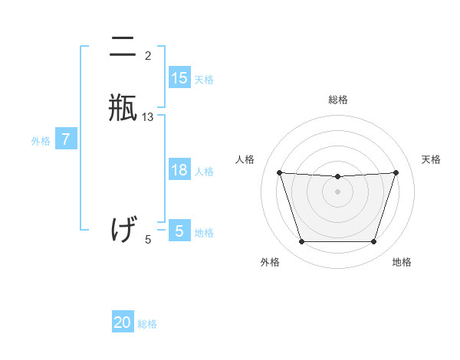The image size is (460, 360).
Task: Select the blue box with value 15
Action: click(x=179, y=78)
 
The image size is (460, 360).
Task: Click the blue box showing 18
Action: click(x=179, y=170)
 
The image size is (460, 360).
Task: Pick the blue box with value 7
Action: click(x=66, y=139)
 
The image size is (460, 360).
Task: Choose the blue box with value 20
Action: click(x=123, y=322)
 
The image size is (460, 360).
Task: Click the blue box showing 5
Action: click(x=179, y=231)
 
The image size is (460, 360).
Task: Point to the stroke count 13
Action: click(x=148, y=117)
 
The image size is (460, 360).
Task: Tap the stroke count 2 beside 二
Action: click(x=148, y=55)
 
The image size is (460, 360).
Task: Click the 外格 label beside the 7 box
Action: click(x=40, y=141)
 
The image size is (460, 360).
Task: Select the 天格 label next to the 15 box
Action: click(x=204, y=80)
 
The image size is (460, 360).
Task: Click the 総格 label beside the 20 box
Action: click(x=147, y=324)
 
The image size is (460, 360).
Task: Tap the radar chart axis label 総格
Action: click(x=337, y=100)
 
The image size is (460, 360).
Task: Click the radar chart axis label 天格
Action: click(x=431, y=159)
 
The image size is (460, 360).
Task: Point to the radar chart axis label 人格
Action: click(x=245, y=159)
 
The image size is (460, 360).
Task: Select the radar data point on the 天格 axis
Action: click(x=396, y=173)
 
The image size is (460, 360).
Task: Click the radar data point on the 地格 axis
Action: click(x=373, y=242)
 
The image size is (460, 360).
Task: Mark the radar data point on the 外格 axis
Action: click(x=301, y=242)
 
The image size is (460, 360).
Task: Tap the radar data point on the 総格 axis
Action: click(x=337, y=177)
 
